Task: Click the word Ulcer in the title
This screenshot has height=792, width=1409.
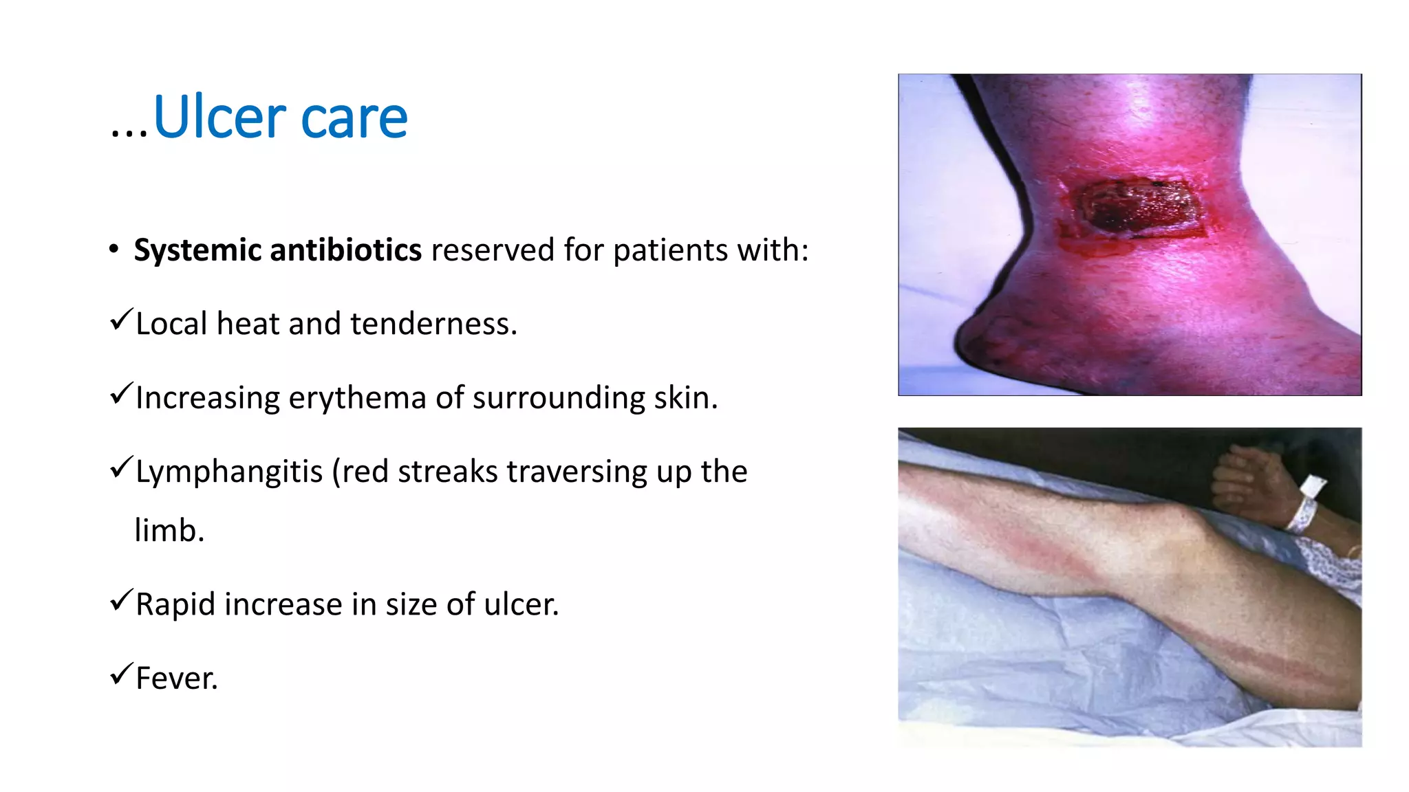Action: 219,117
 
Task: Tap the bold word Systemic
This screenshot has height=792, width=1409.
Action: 197,250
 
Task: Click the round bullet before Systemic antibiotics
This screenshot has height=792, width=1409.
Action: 114,249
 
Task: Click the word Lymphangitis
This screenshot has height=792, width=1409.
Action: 229,472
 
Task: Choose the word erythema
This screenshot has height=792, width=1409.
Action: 357,398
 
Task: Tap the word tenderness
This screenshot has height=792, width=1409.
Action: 433,324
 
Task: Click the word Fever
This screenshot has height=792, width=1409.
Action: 176,679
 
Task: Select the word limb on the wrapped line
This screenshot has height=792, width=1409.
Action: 169,531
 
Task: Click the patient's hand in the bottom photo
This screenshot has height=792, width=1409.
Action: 1245,478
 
